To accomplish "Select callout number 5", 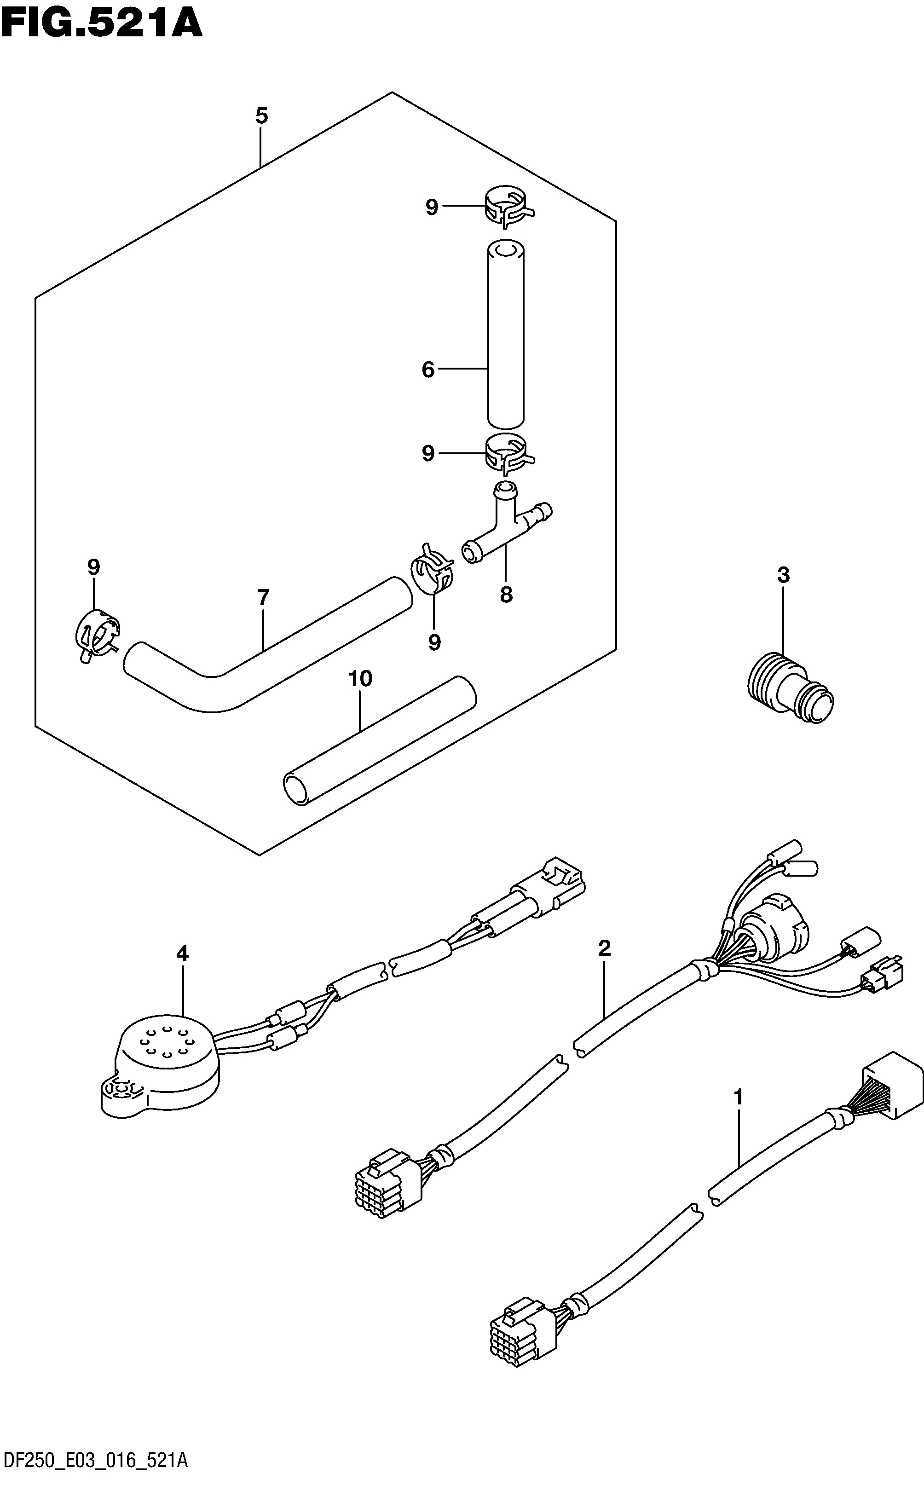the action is tap(262, 115).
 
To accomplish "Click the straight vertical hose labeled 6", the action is tap(505, 334).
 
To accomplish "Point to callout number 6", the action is tap(428, 369).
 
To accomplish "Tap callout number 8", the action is tap(506, 594).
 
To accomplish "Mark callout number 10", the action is tap(360, 679).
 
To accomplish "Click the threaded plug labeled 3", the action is tap(791, 688).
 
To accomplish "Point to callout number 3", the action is tap(783, 575).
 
